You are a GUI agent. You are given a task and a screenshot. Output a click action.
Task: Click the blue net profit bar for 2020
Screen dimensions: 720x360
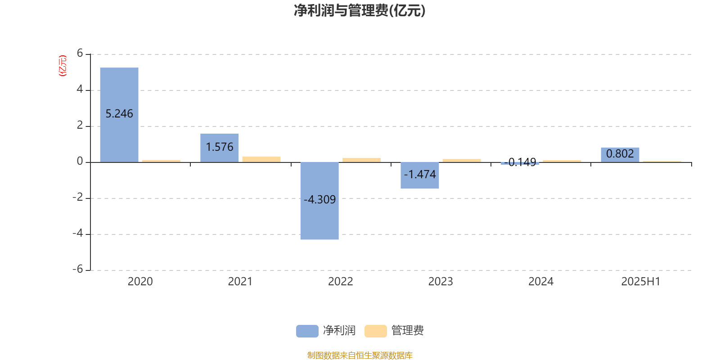pyautogui.click(x=119, y=115)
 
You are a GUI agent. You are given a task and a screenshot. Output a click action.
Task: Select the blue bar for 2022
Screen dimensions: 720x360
pyautogui.click(x=319, y=201)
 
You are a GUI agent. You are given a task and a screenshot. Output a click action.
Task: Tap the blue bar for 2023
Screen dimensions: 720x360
pyautogui.click(x=419, y=175)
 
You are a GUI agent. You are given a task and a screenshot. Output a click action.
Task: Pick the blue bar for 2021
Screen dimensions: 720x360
pyautogui.click(x=219, y=148)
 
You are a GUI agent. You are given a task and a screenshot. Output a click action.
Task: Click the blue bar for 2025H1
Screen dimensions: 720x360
pyautogui.click(x=620, y=155)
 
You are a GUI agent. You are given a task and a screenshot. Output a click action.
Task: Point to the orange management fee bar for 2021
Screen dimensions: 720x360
pyautogui.click(x=261, y=159)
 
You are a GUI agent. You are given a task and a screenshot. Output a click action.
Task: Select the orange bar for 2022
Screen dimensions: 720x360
pyautogui.click(x=362, y=160)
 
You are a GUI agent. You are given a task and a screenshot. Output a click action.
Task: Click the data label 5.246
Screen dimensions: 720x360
pyautogui.click(x=119, y=114)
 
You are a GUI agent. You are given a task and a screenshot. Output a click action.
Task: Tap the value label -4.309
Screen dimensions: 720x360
pyautogui.click(x=319, y=200)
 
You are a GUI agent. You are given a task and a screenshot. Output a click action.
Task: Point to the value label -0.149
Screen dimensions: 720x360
pyautogui.click(x=520, y=162)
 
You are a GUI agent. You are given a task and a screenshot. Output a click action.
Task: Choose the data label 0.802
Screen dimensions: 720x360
pyautogui.click(x=620, y=153)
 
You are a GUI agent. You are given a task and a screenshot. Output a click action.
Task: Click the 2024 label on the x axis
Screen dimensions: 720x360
pyautogui.click(x=541, y=282)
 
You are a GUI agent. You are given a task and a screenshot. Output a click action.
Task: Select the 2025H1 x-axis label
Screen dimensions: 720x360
pyautogui.click(x=641, y=282)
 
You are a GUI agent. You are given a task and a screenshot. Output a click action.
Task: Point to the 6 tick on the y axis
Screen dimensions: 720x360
pyautogui.click(x=80, y=53)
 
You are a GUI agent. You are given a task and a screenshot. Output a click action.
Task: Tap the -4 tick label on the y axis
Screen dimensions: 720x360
pyautogui.click(x=78, y=233)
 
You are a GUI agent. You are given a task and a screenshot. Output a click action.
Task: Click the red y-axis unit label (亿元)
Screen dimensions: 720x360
pyautogui.click(x=63, y=66)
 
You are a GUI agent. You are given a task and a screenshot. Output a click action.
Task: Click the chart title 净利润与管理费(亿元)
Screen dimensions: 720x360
pyautogui.click(x=360, y=11)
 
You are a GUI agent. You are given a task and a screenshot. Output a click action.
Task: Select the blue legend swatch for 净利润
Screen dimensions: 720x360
pyautogui.click(x=307, y=331)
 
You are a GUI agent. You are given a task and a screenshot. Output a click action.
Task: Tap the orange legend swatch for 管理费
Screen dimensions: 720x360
pyautogui.click(x=375, y=331)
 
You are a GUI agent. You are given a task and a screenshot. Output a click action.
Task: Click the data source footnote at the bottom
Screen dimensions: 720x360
pyautogui.click(x=360, y=355)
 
